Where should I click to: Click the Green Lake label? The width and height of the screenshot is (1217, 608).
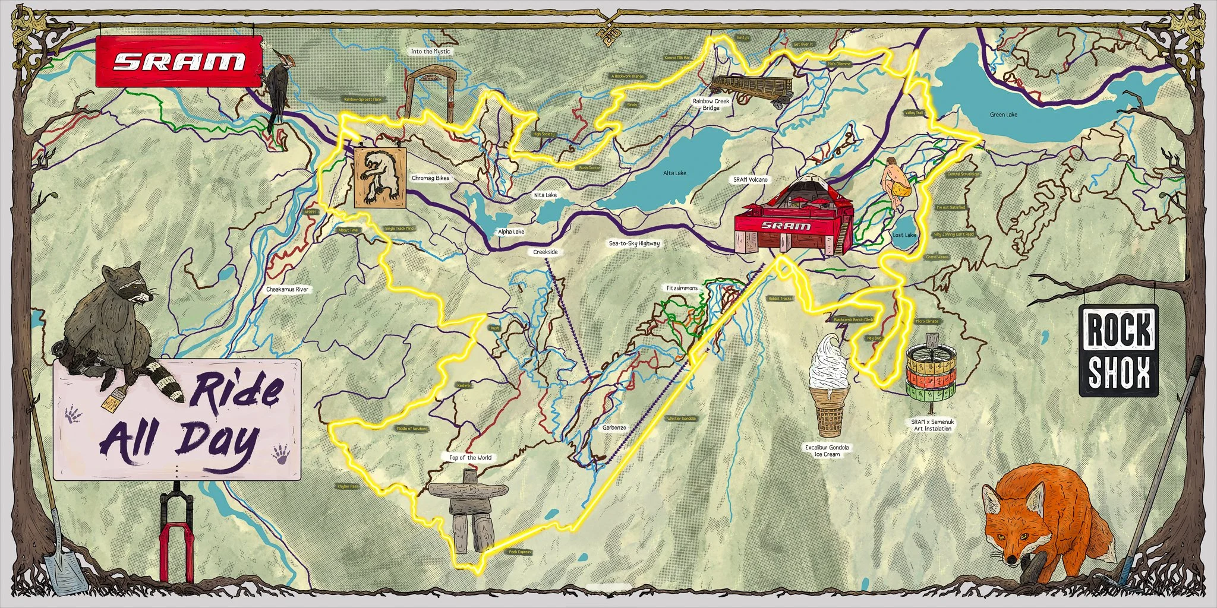1004,115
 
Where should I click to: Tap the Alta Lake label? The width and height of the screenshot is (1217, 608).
674,173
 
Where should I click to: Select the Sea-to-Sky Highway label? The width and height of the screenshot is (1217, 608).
634,243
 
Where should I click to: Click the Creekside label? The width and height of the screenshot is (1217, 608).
545,252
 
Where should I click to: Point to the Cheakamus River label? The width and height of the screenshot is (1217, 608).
287,289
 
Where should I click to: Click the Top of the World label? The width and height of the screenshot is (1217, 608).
470,457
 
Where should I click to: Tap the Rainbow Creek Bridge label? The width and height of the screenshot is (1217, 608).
711,104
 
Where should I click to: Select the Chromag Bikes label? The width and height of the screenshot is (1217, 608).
430,178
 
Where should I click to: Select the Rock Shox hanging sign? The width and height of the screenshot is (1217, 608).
1118,350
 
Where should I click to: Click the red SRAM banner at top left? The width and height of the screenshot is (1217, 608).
179,61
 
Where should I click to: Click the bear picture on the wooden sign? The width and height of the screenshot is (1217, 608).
380,177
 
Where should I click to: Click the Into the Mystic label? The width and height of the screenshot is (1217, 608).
430,52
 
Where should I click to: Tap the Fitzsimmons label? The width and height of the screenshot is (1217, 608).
682,288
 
